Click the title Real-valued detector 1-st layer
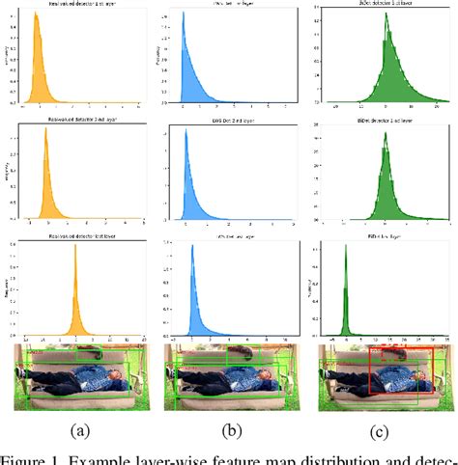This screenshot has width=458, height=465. coord(76,6)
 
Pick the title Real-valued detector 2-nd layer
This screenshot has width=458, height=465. coord(76,122)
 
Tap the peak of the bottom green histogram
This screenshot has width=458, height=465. coord(345,253)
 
